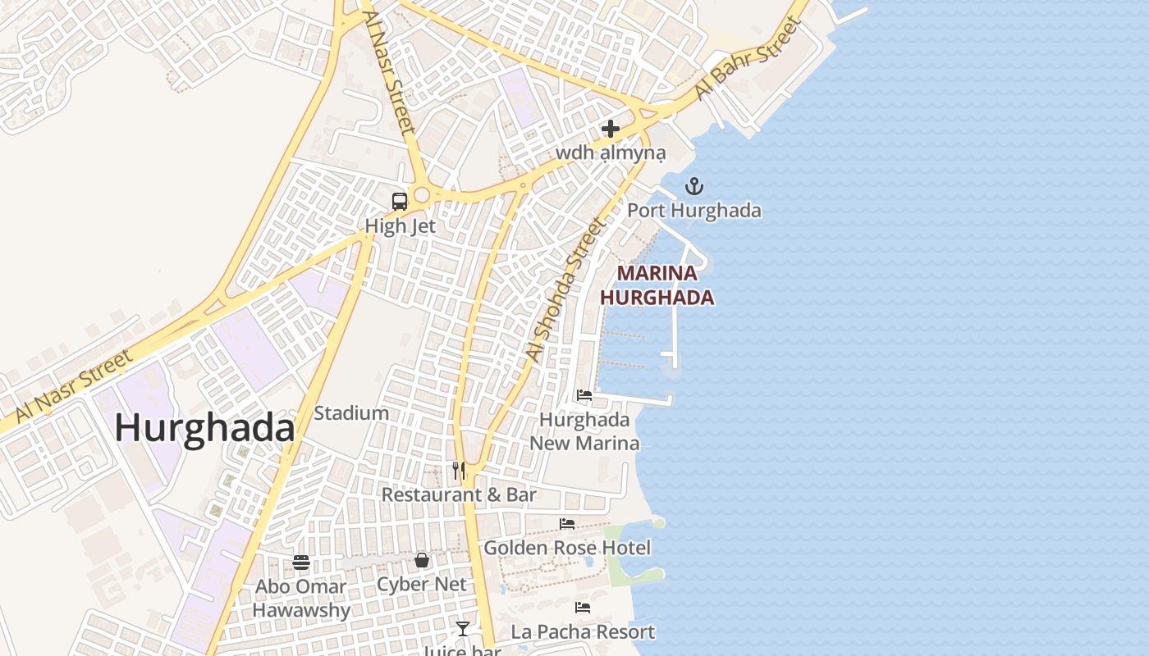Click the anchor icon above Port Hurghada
coord(694,186)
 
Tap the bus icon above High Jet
coord(400,201)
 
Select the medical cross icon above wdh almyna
coord(610,129)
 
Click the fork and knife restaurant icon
coord(459,470)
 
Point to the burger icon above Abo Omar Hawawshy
coord(301,563)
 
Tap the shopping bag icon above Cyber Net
coord(421,560)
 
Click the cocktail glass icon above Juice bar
coord(463,629)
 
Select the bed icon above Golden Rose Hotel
coord(567,523)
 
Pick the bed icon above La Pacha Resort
coord(583,608)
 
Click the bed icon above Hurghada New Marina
coord(584,394)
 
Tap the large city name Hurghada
coord(204,428)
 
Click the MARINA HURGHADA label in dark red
coord(657,285)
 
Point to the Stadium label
coord(351,413)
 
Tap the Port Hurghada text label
coord(694,211)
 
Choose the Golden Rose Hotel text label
coord(567,548)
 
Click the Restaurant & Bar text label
coord(459,494)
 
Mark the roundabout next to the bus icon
coord(422,195)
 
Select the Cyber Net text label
coord(421,585)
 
